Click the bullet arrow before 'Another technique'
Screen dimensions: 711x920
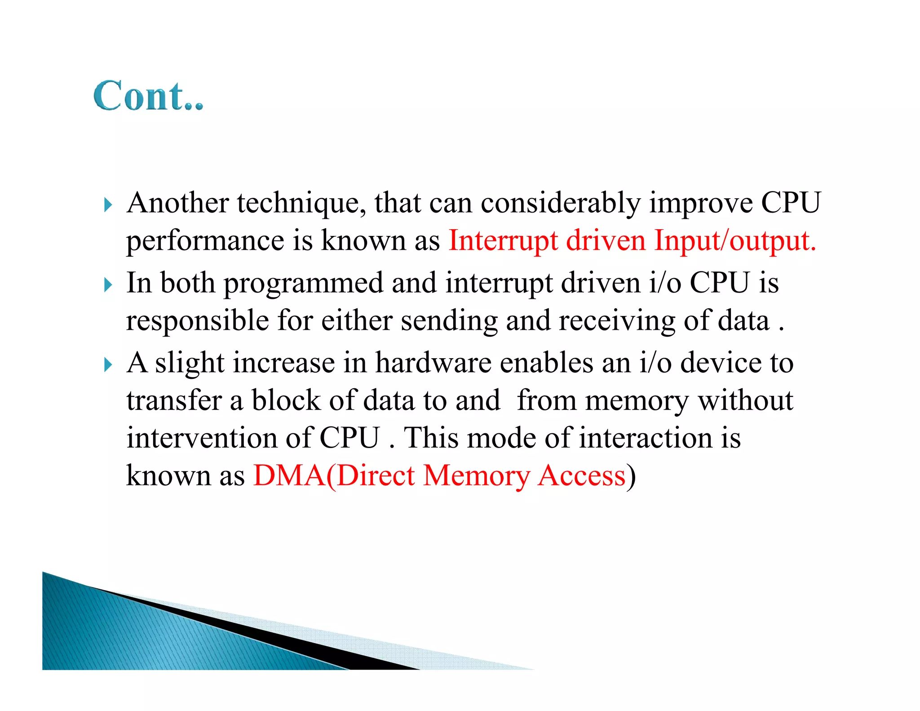(x=108, y=205)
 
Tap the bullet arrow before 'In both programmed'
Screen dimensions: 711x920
(x=108, y=285)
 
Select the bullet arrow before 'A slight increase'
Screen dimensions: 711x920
(x=108, y=364)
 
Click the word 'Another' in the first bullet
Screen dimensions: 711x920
(x=178, y=203)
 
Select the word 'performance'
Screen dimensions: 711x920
(x=205, y=241)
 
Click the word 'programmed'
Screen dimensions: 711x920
(x=304, y=284)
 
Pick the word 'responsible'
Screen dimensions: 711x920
(x=198, y=320)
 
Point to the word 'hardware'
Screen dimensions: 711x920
(x=433, y=363)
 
